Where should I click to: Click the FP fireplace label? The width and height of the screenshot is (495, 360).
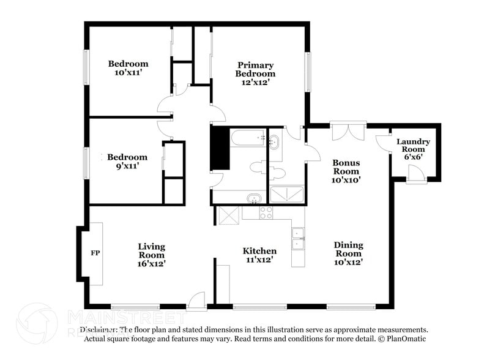(95, 252)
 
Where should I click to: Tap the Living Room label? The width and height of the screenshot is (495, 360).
(151, 255)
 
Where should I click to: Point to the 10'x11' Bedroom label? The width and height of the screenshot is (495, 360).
(128, 68)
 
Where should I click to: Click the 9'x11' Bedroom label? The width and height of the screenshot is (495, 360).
(127, 161)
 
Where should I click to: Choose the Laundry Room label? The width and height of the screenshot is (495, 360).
(413, 146)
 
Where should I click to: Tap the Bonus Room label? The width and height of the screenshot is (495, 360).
(346, 171)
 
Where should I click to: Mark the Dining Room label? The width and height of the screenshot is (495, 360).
(348, 253)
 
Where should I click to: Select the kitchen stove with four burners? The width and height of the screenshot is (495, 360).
(266, 213)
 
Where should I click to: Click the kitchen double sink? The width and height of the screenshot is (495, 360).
(298, 239)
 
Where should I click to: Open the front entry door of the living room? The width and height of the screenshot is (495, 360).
(197, 300)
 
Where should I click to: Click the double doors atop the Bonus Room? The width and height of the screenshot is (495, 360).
(348, 131)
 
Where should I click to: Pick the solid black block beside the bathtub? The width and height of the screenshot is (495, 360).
(219, 148)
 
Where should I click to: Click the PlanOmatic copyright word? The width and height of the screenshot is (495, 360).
(405, 338)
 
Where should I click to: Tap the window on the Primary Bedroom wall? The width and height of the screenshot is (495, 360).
(308, 72)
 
